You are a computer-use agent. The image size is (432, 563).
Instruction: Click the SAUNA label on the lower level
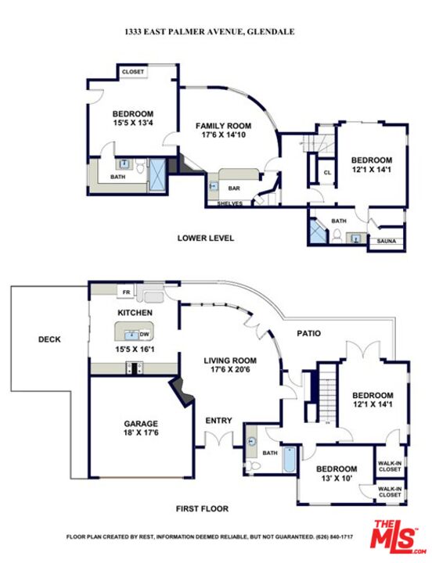pos(387,242)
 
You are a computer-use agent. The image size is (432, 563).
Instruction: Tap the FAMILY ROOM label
pos(223,126)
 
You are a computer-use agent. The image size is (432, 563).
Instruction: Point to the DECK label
pos(49,339)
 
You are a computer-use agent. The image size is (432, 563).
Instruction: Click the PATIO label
pos(308,333)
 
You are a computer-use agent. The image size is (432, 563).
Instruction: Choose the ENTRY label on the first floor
pos(218,421)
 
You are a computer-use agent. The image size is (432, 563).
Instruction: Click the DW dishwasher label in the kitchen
pos(144,334)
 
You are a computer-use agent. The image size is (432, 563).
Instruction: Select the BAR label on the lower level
pos(233,188)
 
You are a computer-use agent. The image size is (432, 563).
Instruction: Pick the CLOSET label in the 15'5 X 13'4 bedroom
pos(132,72)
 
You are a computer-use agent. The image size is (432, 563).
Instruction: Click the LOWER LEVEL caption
pos(206,238)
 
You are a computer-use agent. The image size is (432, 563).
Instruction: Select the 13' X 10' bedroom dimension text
pos(336,478)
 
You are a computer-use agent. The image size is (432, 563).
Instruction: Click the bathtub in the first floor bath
pos(289,461)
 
